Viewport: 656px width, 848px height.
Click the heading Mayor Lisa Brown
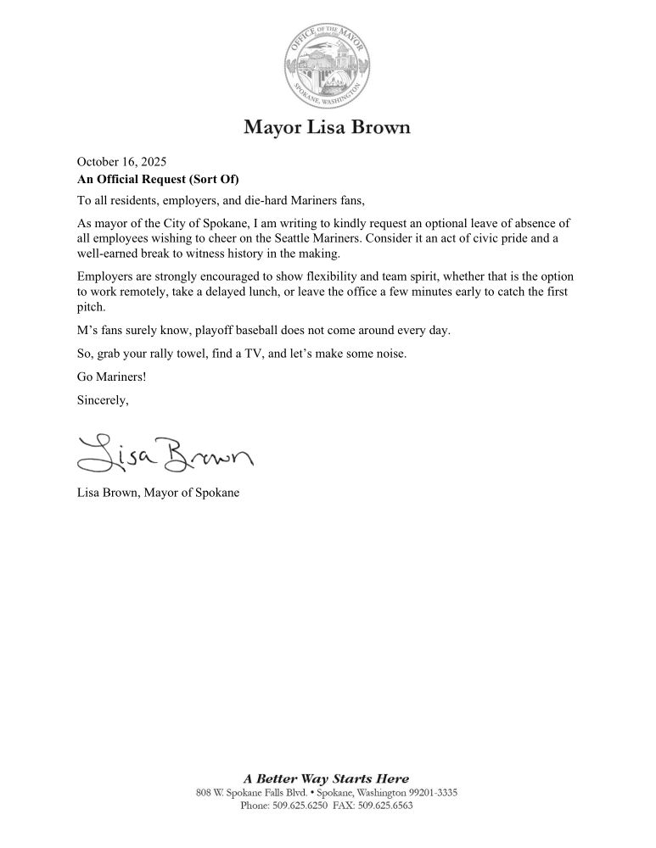[x=328, y=128]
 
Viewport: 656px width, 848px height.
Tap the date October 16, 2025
[x=121, y=161]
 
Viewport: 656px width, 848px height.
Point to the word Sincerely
[x=103, y=400]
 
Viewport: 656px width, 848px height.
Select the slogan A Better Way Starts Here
[x=327, y=778]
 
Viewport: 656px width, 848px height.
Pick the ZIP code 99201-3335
[x=430, y=792]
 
